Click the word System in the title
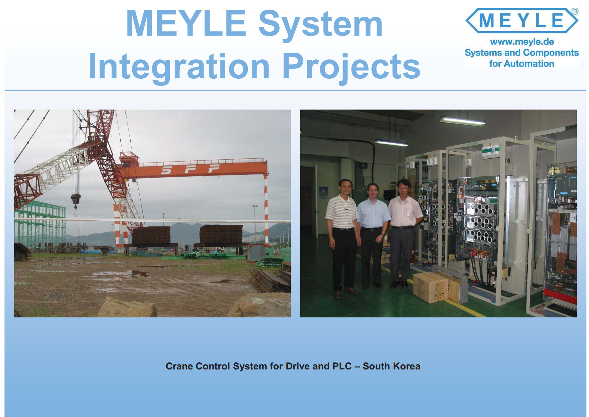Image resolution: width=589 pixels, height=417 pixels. click(x=320, y=24)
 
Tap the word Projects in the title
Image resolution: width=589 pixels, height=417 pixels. click(x=351, y=67)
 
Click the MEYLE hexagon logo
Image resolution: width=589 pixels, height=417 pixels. click(x=522, y=21)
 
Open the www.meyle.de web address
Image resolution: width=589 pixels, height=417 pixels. click(x=522, y=42)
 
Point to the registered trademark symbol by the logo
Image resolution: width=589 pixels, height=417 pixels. click(x=575, y=11)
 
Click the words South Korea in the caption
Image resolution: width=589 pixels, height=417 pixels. click(x=391, y=366)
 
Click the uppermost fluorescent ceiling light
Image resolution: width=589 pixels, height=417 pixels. click(x=462, y=121)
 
